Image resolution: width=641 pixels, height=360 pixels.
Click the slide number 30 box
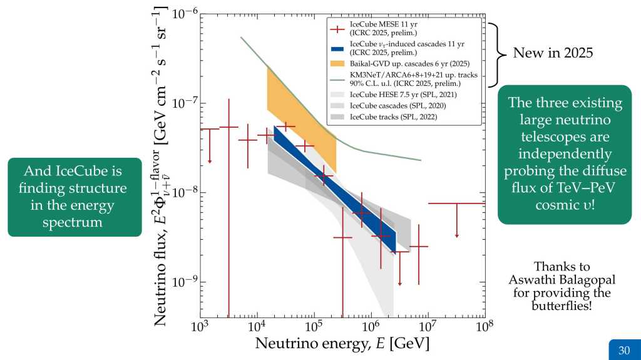[623, 350]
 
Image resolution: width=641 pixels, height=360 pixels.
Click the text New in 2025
[553, 53]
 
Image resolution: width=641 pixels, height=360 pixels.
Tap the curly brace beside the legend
[495, 54]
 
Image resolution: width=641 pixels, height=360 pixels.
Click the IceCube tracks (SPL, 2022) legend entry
[394, 116]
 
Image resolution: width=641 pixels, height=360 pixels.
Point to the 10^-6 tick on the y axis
[185, 14]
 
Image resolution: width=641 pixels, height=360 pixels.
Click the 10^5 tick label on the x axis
[314, 327]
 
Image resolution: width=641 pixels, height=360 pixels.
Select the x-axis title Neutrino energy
[342, 344]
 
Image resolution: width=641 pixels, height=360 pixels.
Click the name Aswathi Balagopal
[562, 280]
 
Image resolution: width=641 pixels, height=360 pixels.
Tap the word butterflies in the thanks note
[561, 306]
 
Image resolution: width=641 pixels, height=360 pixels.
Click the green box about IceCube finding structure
[74, 197]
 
